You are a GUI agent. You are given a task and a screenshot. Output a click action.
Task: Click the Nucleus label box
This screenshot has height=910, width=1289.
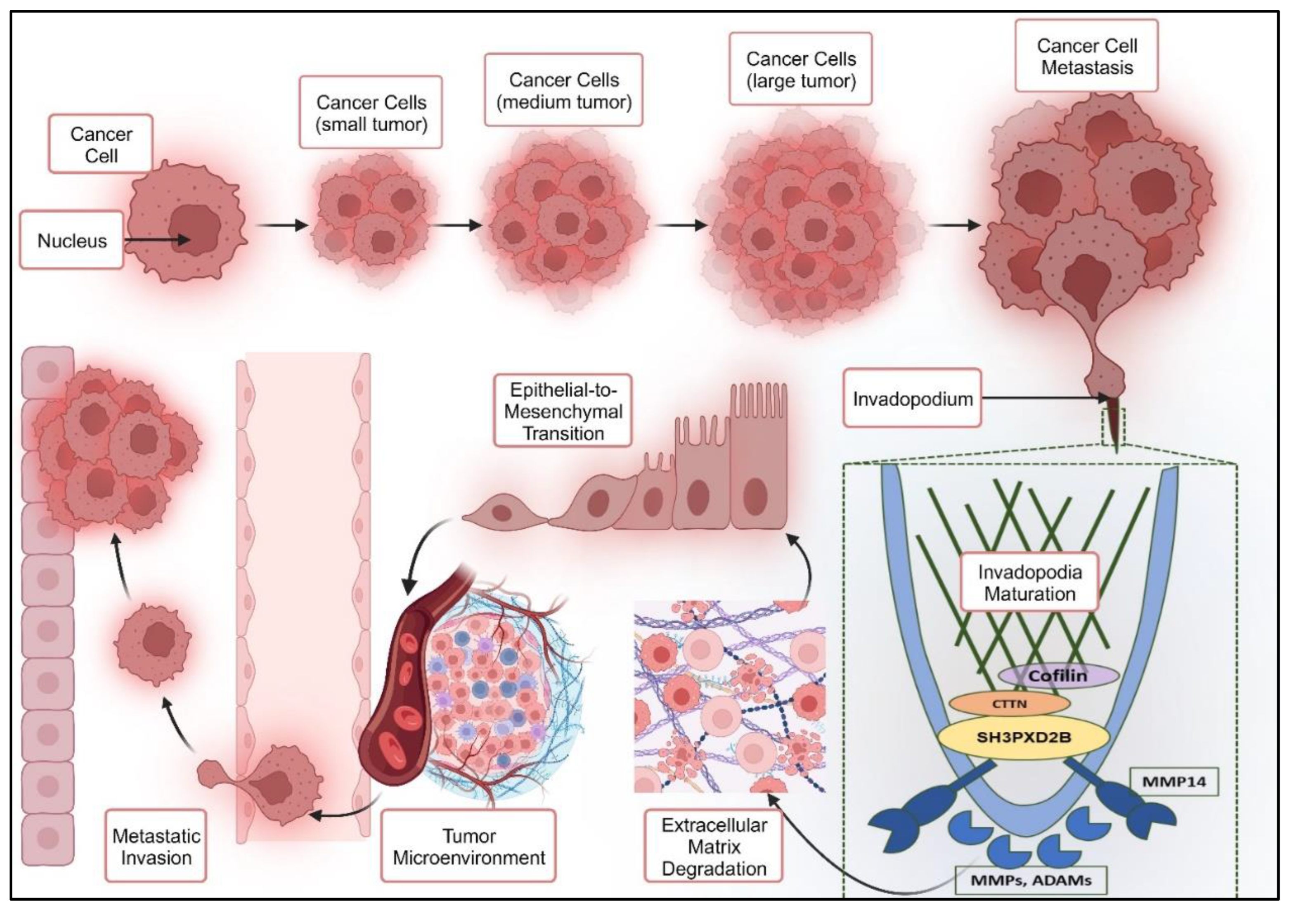pyautogui.click(x=72, y=240)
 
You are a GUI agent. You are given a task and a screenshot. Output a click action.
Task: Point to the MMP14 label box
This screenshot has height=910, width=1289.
pyautogui.click(x=1174, y=781)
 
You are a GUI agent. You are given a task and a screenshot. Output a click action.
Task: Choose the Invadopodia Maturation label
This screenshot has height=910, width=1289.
pyautogui.click(x=1030, y=583)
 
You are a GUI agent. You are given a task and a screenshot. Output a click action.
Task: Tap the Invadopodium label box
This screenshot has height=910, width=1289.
pyautogui.click(x=912, y=399)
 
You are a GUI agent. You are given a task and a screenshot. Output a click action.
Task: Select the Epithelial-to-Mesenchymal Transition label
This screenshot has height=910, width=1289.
pyautogui.click(x=563, y=411)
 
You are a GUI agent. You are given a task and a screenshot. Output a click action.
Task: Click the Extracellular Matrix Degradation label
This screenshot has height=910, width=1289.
pyautogui.click(x=714, y=846)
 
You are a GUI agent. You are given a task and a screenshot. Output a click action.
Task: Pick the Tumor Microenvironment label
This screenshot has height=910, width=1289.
pyautogui.click(x=469, y=846)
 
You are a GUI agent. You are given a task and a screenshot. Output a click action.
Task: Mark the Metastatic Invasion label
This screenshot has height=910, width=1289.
pyautogui.click(x=156, y=846)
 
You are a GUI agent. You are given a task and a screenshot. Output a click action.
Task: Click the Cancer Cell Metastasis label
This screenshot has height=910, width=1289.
pyautogui.click(x=1087, y=56)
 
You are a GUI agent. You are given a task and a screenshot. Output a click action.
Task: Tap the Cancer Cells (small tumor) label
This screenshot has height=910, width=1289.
pyautogui.click(x=371, y=113)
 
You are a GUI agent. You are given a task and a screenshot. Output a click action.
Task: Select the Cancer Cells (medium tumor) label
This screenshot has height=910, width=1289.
pyautogui.click(x=564, y=90)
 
